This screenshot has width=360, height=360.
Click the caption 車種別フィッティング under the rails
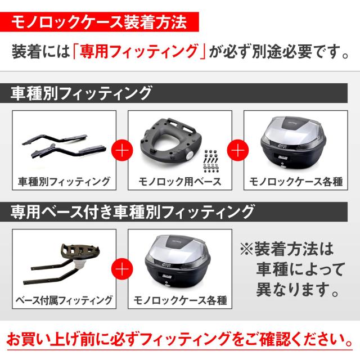point(64,181)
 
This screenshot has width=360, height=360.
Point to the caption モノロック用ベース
point(179,181)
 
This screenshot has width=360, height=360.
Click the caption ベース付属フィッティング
point(64,300)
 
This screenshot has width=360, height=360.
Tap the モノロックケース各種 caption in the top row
point(294,181)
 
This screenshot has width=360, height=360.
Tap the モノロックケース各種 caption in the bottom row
point(179,300)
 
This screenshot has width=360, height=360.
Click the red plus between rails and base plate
point(122,151)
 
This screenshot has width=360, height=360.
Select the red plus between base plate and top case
point(237,151)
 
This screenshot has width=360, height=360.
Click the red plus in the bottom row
point(122,269)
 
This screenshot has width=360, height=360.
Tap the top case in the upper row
point(294,142)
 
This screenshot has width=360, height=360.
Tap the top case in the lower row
point(179,261)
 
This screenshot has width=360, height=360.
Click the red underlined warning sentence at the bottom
point(180,340)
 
